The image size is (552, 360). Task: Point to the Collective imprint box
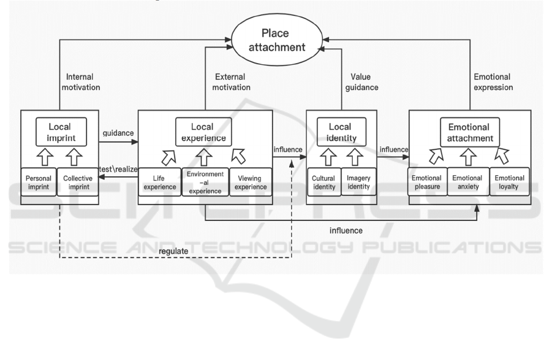77,182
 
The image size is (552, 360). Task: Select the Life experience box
158,182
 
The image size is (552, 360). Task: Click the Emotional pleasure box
427,182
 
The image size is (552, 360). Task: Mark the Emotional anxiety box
469,182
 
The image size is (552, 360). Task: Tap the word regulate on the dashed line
173,252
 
